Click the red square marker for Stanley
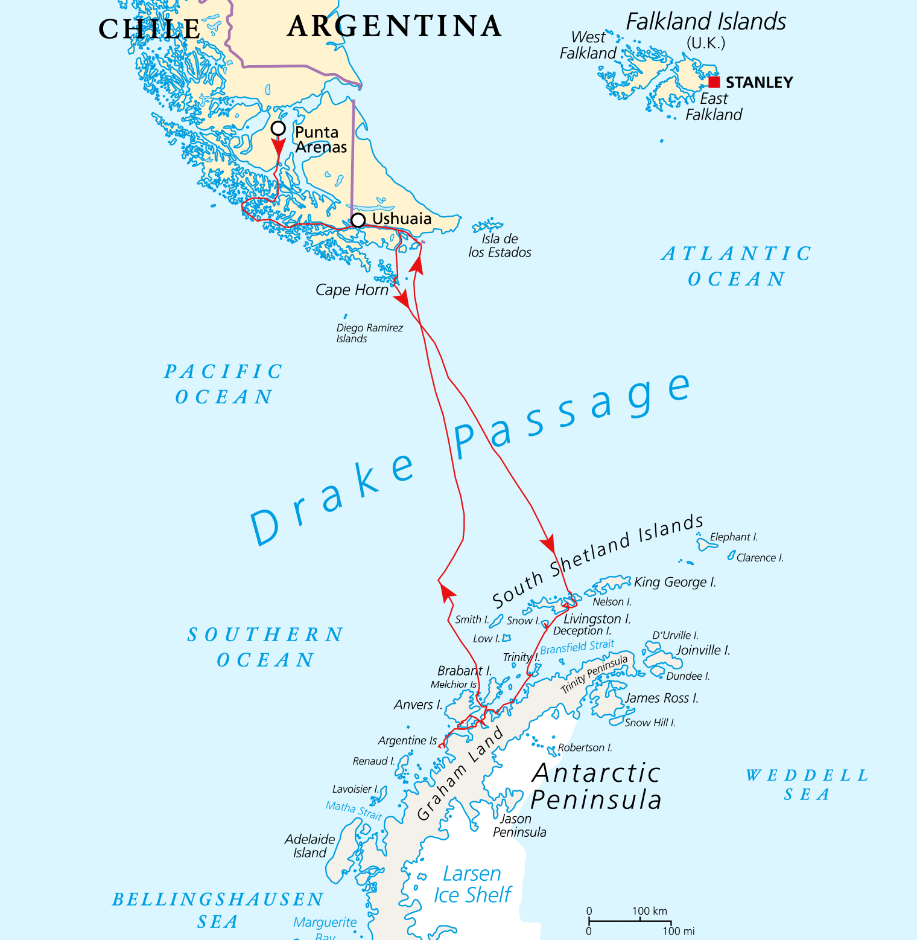coord(714,82)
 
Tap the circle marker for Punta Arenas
coord(278,128)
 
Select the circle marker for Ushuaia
coord(358,220)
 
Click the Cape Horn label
coord(352,290)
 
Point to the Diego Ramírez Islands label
coord(369,333)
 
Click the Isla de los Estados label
coord(500,246)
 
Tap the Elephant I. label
coord(733,537)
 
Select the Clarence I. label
coord(760,558)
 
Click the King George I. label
coord(674,582)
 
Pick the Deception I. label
coord(582,631)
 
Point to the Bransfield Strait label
coord(577,647)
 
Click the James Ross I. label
coord(662,698)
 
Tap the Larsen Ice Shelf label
coord(472,884)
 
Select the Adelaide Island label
coord(309,846)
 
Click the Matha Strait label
coord(354,810)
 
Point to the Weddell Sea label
coord(807,784)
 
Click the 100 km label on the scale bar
coord(649,911)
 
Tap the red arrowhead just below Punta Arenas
coord(278,147)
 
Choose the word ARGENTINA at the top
coord(395,27)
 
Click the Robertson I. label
coord(585,747)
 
